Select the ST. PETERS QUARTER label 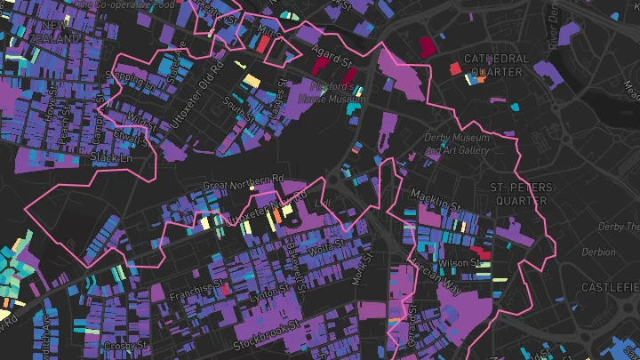521,193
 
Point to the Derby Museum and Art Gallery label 457,144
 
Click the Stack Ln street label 111,157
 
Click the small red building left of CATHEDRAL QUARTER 454,68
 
